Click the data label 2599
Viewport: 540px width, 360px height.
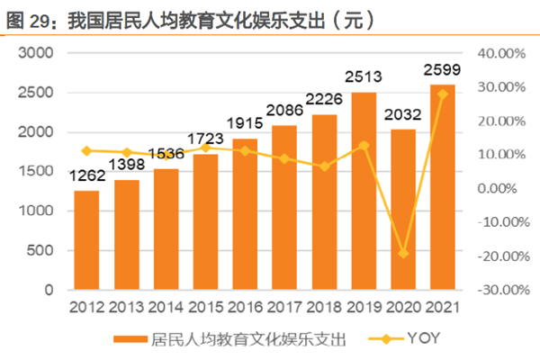click(442, 69)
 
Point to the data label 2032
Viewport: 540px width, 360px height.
click(402, 114)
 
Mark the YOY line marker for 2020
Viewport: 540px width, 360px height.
click(403, 254)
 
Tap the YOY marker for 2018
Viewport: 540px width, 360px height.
click(324, 166)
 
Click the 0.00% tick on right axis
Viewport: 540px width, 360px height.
click(502, 189)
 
